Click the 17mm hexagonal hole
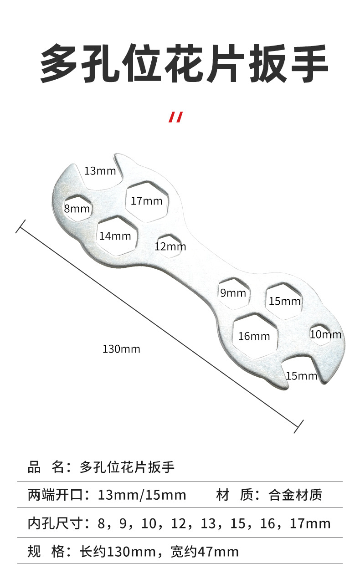(147, 201)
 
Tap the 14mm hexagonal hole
(115, 236)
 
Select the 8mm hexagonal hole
(77, 209)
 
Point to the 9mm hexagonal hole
(233, 293)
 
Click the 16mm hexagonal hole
(254, 336)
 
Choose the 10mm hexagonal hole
(325, 334)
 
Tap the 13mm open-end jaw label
(100, 171)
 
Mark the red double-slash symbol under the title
(175, 117)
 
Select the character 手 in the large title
(306, 64)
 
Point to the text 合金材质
(295, 495)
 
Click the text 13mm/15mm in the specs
(142, 495)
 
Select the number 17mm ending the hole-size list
(310, 523)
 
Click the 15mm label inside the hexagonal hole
(284, 301)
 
